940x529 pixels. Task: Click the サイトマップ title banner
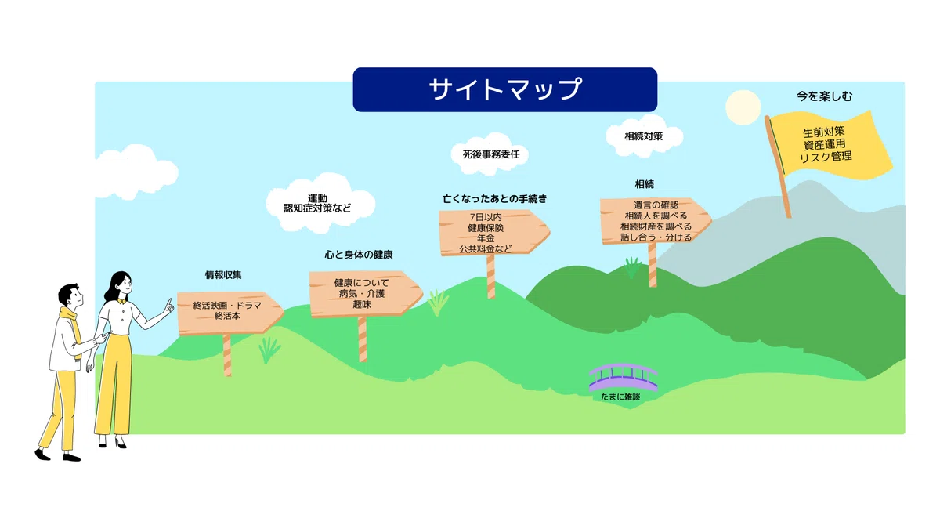click(x=504, y=89)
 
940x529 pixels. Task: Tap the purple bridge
click(x=624, y=376)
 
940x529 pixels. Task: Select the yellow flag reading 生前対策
click(x=829, y=145)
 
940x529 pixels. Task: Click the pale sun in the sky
click(x=743, y=107)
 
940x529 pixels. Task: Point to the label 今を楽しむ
click(x=825, y=96)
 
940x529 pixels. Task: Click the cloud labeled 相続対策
click(x=644, y=136)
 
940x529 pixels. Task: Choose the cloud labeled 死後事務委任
click(x=490, y=154)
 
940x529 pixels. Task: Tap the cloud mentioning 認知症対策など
click(x=320, y=203)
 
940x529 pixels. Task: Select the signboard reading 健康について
click(x=365, y=293)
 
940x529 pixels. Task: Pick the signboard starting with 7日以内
click(x=493, y=233)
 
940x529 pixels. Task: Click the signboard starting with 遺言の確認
click(x=655, y=221)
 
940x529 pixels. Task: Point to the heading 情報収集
click(x=223, y=275)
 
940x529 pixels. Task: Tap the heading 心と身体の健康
click(x=359, y=255)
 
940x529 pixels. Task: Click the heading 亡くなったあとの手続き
click(x=495, y=198)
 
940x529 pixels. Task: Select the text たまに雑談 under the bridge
click(x=620, y=397)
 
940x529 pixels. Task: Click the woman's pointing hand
click(x=168, y=306)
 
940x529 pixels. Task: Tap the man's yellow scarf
click(x=72, y=328)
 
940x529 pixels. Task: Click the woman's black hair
click(x=116, y=286)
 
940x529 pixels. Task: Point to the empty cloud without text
click(x=135, y=172)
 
